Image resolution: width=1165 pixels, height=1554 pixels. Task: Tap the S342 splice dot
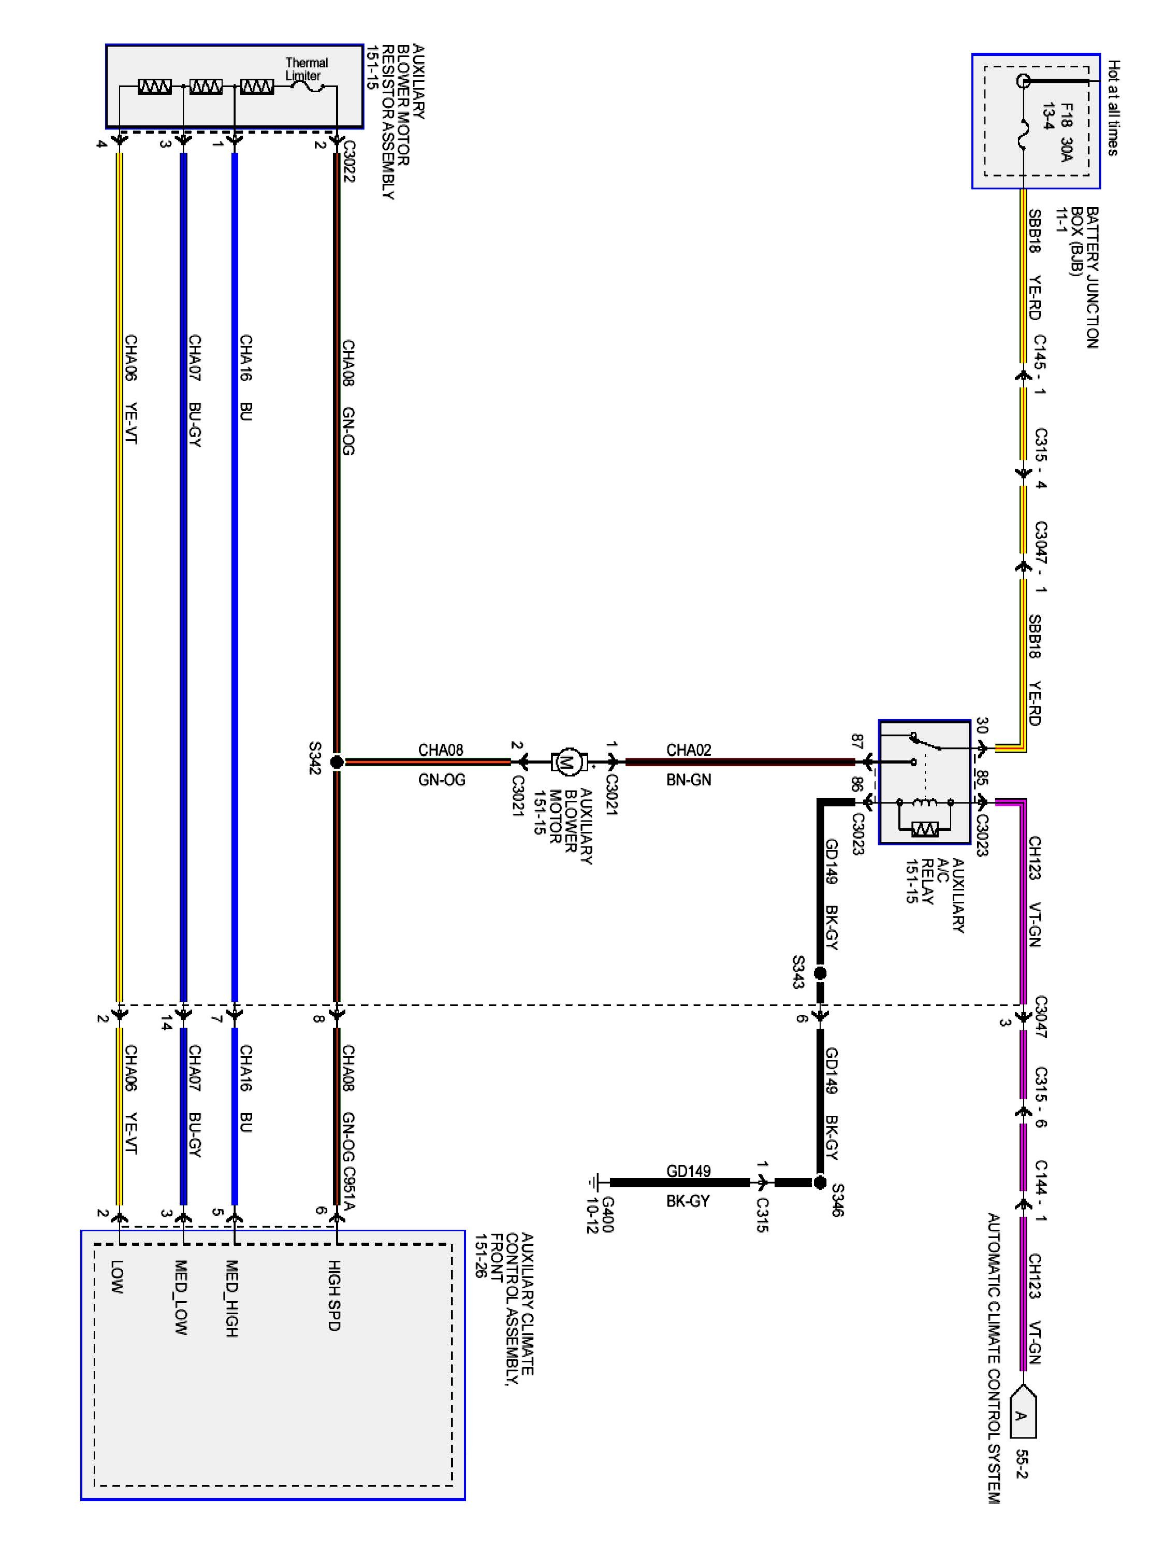coord(337,761)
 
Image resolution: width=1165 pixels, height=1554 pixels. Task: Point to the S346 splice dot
coord(820,1183)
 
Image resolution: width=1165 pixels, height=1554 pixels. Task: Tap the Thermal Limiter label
coord(305,69)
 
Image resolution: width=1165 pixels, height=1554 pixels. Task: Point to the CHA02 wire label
coord(688,750)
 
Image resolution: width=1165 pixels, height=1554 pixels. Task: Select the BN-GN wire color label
coord(688,780)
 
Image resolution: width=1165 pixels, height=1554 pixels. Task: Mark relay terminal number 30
coord(982,726)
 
